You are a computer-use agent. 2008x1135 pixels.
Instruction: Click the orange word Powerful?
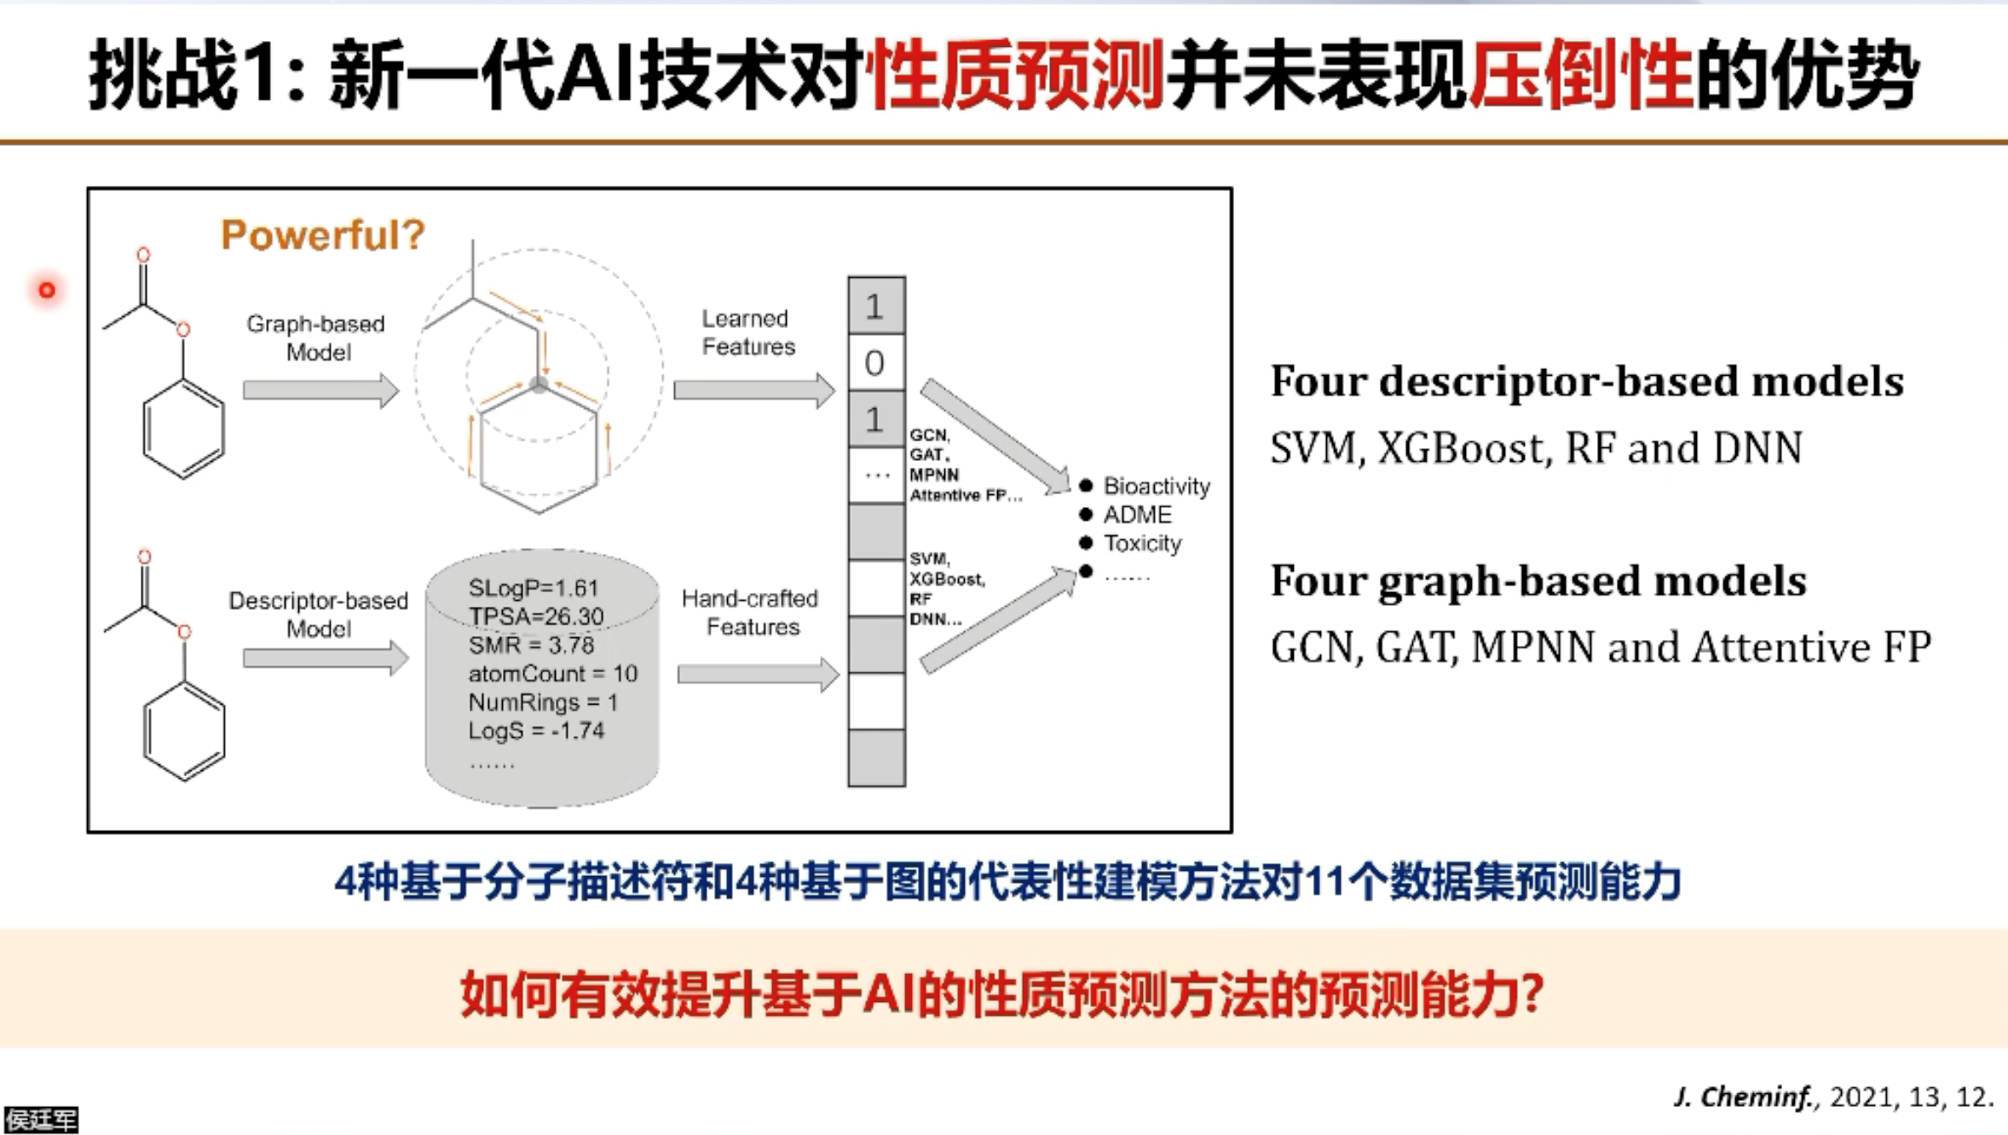point(322,234)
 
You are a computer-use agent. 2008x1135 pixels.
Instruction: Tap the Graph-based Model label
point(316,337)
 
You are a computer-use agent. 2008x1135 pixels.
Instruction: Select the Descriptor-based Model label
point(318,614)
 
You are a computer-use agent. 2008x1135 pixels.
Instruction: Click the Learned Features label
point(747,332)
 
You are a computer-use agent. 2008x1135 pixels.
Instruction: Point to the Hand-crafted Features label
point(750,612)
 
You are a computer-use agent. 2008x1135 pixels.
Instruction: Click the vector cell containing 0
point(875,363)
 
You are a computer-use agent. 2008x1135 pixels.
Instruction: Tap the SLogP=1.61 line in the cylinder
point(534,588)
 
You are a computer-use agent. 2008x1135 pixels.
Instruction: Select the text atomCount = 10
point(552,673)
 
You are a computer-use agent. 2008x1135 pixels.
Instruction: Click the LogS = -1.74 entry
point(536,730)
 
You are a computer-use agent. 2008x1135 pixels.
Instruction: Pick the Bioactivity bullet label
point(1156,486)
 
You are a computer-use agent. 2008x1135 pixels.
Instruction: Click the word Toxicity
point(1142,543)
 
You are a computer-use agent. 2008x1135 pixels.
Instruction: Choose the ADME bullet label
point(1137,515)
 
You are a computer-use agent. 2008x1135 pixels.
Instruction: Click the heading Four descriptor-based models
point(1586,381)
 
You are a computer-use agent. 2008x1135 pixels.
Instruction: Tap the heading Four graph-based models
point(1538,581)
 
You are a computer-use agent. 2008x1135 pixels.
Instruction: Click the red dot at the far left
point(47,291)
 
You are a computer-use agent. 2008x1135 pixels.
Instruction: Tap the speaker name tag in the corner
point(40,1120)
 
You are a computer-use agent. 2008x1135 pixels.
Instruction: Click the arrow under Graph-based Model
point(320,390)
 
